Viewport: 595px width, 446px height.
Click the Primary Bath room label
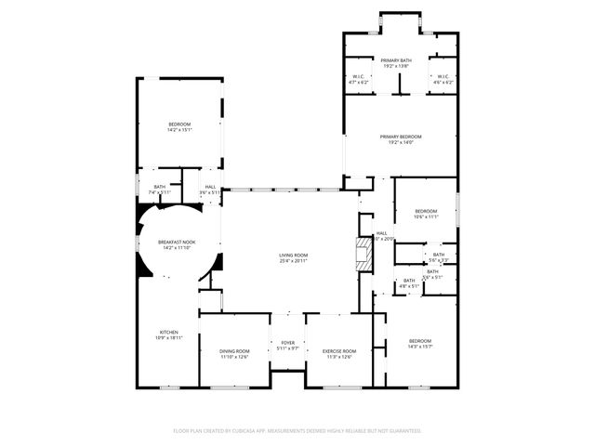point(395,61)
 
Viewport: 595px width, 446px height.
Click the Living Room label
point(294,257)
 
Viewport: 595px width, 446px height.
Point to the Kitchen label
point(168,332)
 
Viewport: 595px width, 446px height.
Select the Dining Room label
point(234,351)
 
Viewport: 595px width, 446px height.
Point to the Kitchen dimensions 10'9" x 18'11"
point(168,338)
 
